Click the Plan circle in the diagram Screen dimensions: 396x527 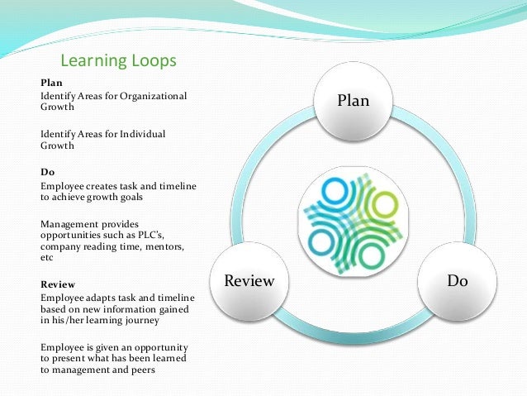[353, 101]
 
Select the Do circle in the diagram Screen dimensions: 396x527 [457, 281]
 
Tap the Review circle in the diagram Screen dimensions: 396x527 [249, 281]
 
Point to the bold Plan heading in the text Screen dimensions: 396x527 [50, 83]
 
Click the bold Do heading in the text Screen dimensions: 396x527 [47, 173]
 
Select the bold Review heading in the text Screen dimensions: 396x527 [57, 284]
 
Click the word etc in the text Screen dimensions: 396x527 [48, 259]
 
